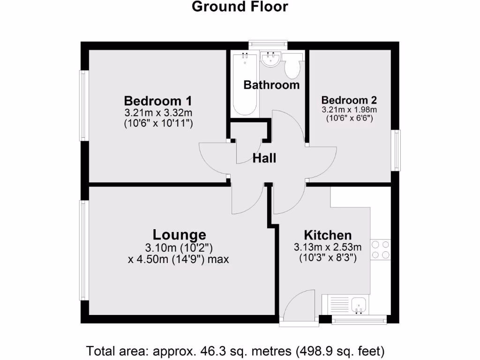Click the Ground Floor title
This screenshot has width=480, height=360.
(240, 7)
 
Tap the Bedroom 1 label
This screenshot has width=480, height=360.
(158, 101)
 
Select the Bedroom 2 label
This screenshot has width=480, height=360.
(349, 100)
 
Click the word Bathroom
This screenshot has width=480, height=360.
(271, 85)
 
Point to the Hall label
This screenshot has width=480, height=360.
(264, 158)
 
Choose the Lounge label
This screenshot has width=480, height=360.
(180, 234)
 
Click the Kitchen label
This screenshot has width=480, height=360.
(328, 235)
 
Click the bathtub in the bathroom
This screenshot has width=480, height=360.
(244, 84)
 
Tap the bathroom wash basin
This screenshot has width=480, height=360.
(270, 60)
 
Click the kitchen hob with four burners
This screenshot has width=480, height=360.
(380, 249)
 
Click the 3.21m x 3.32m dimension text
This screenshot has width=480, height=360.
(158, 112)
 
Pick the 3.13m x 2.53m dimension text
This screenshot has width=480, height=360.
(328, 247)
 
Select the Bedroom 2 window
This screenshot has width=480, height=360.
(397, 150)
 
